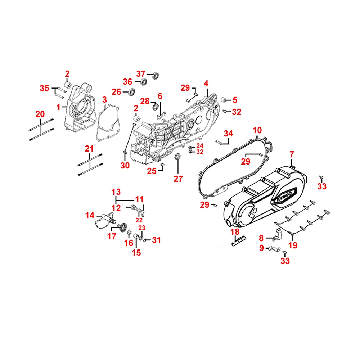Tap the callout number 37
tap(141, 74)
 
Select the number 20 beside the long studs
tap(40, 114)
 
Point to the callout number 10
tap(257, 130)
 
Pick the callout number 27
tap(178, 179)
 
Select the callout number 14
tap(90, 216)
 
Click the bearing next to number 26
tap(131, 92)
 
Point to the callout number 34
tap(228, 134)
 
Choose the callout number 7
tap(292, 155)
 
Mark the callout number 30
tap(125, 166)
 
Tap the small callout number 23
tap(142, 228)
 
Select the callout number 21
tap(89, 148)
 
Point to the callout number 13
tap(116, 191)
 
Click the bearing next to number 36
tap(143, 81)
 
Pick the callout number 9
tap(262, 248)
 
